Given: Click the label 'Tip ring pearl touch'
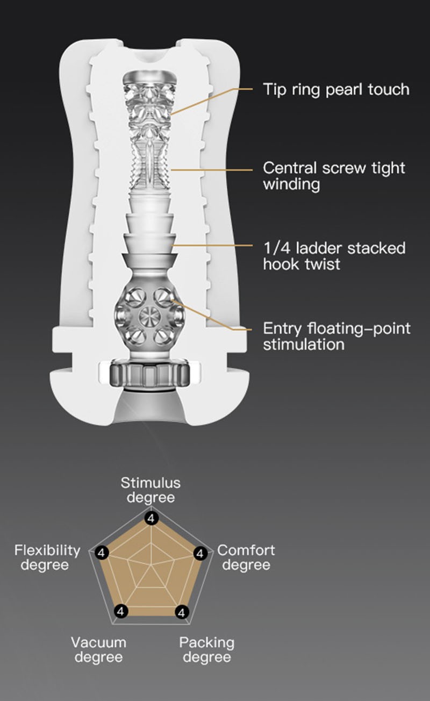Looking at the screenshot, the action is pos(336,89).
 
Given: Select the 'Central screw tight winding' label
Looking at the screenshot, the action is pos(334,176).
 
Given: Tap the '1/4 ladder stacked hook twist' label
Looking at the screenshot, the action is pos(334,256).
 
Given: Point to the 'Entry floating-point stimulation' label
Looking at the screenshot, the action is pos(336,337).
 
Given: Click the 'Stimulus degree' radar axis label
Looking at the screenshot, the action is pos(150,490).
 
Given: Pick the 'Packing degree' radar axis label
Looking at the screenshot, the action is pos(207,650).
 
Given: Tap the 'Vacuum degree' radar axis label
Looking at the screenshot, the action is pos(99,650).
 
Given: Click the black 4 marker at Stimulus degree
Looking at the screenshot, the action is pos(151,519).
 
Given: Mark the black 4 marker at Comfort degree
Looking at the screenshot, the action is pos(200,554).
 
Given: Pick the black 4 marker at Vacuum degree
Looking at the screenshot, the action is pos(121,611).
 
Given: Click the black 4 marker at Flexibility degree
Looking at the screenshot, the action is pos(102,553).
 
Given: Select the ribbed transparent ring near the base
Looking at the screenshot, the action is pos(149,373).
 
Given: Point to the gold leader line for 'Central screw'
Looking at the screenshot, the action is pos(212,170).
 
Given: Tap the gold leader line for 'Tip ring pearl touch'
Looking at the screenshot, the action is pos(212,101).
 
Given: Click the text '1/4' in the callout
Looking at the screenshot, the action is pos(277,248).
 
